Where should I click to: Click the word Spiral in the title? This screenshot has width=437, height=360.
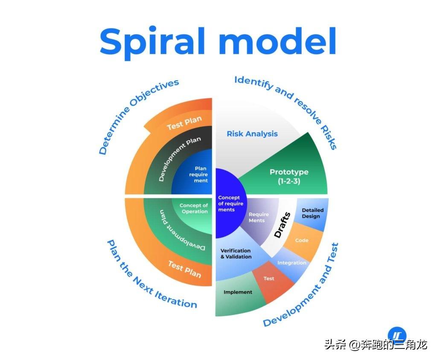152,42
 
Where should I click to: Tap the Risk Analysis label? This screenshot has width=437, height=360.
252,134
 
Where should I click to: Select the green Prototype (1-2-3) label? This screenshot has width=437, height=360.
289,177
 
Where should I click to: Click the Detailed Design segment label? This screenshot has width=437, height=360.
312,213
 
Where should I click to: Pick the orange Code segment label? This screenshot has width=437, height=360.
302,240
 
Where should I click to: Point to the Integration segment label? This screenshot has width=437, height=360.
292,263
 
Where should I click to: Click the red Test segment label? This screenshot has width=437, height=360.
269,279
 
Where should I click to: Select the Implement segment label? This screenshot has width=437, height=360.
238,292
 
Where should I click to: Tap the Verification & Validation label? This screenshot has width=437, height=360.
236,253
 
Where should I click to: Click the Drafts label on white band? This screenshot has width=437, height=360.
282,225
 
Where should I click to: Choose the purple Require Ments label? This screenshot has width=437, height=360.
259,218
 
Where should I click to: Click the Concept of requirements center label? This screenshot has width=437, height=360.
230,203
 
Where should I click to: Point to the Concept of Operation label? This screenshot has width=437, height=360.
194,209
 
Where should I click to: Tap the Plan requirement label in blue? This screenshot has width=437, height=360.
198,174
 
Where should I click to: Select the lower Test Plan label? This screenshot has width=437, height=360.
184,269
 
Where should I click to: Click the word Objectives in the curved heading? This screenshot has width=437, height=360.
154,93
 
